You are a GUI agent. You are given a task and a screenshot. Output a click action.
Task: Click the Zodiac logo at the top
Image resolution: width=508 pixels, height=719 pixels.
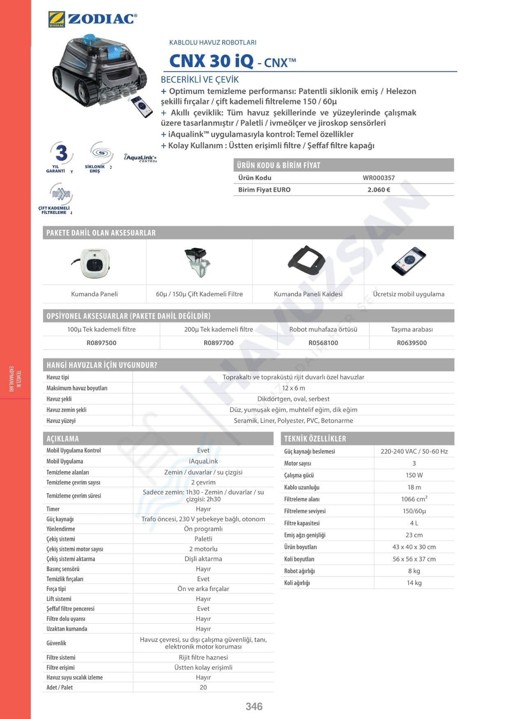92,19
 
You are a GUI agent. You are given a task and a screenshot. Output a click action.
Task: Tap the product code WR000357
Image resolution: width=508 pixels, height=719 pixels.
378,178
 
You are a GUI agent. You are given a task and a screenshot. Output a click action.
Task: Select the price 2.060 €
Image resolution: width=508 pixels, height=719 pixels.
378,190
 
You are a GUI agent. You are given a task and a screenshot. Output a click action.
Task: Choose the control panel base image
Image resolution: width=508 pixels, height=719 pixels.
307,262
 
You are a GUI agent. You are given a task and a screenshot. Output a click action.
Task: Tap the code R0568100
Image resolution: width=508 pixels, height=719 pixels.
323,343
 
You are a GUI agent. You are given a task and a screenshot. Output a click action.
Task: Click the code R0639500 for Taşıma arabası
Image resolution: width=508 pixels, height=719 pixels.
411,343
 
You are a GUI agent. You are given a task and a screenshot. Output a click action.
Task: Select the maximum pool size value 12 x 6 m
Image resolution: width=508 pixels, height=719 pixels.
293,388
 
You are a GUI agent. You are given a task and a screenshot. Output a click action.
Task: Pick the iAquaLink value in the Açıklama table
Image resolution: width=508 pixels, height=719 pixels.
203,461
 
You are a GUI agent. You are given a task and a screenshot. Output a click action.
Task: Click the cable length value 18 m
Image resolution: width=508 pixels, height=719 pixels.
414,487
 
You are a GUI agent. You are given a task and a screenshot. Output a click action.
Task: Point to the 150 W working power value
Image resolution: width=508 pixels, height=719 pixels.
414,475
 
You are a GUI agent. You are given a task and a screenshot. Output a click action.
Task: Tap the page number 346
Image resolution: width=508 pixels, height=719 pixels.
254,706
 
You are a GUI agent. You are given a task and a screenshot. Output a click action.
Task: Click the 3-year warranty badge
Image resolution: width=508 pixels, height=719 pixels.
61,156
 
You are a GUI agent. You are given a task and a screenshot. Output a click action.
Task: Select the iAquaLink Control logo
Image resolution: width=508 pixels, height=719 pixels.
140,158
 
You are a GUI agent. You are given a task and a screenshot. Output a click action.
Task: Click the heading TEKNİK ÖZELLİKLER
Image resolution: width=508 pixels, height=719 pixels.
315,439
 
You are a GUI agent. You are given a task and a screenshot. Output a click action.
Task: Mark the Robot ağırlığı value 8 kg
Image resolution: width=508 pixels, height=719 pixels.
414,571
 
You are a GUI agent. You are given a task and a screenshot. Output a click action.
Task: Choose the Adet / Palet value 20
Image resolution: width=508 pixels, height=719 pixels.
203,687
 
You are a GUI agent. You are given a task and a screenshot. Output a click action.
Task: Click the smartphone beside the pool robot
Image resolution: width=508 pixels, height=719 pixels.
142,106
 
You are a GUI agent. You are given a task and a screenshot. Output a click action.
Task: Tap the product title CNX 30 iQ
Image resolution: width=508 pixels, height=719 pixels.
211,61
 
